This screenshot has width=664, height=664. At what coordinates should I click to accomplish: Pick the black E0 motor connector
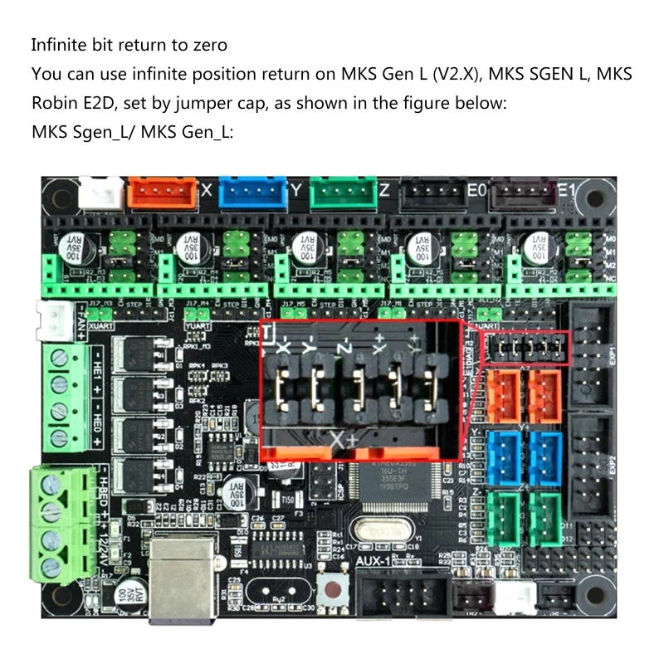(432, 193)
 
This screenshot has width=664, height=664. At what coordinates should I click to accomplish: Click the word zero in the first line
(211, 44)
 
